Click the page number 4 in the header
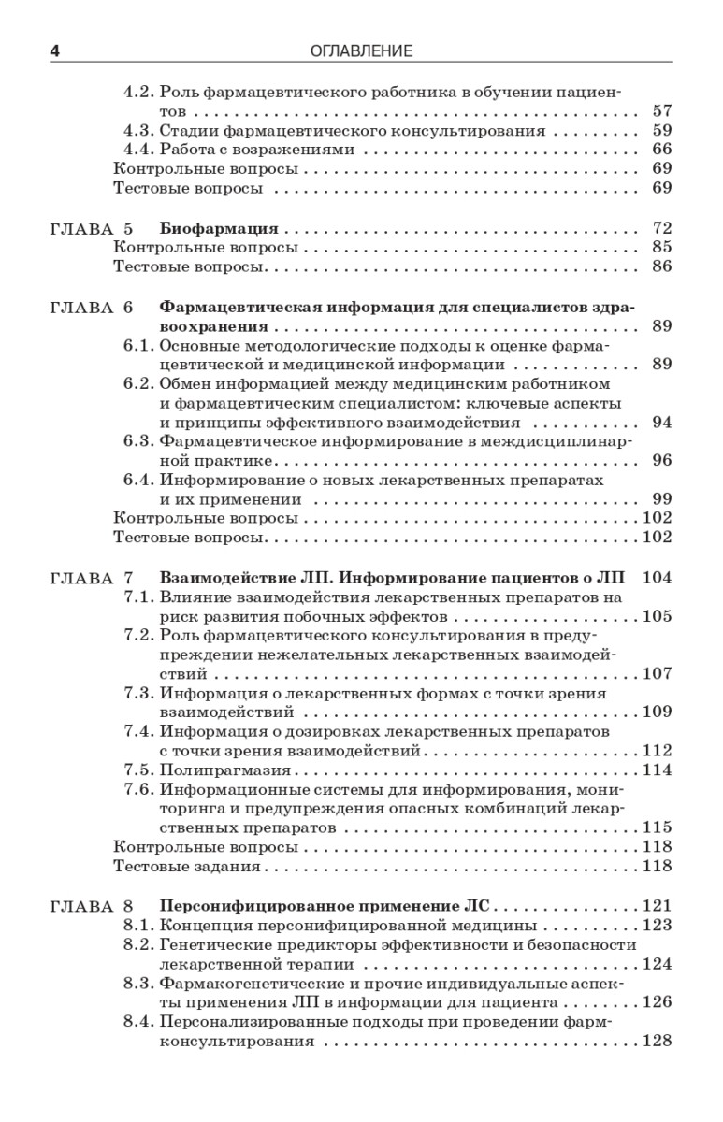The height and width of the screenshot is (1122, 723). pyautogui.click(x=54, y=50)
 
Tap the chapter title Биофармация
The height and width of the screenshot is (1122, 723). pyautogui.click(x=220, y=228)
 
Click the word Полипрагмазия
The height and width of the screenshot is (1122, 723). pyautogui.click(x=225, y=770)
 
